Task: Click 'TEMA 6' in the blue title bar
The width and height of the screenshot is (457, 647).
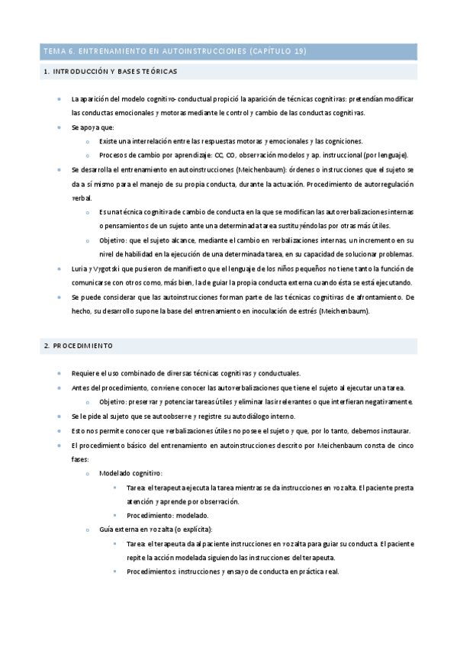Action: pos(56,52)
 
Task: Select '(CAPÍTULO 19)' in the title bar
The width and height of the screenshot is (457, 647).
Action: pos(278,52)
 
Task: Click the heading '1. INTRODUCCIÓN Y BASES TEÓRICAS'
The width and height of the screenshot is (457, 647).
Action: pos(111,72)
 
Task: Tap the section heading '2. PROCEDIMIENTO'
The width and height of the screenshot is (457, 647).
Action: pos(79,346)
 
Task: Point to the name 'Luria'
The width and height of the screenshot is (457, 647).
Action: pos(79,269)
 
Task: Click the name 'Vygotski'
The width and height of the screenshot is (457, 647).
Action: pos(111,269)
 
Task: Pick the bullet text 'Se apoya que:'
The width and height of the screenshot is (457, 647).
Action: pos(92,127)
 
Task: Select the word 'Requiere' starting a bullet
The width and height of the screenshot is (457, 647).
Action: pos(86,373)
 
